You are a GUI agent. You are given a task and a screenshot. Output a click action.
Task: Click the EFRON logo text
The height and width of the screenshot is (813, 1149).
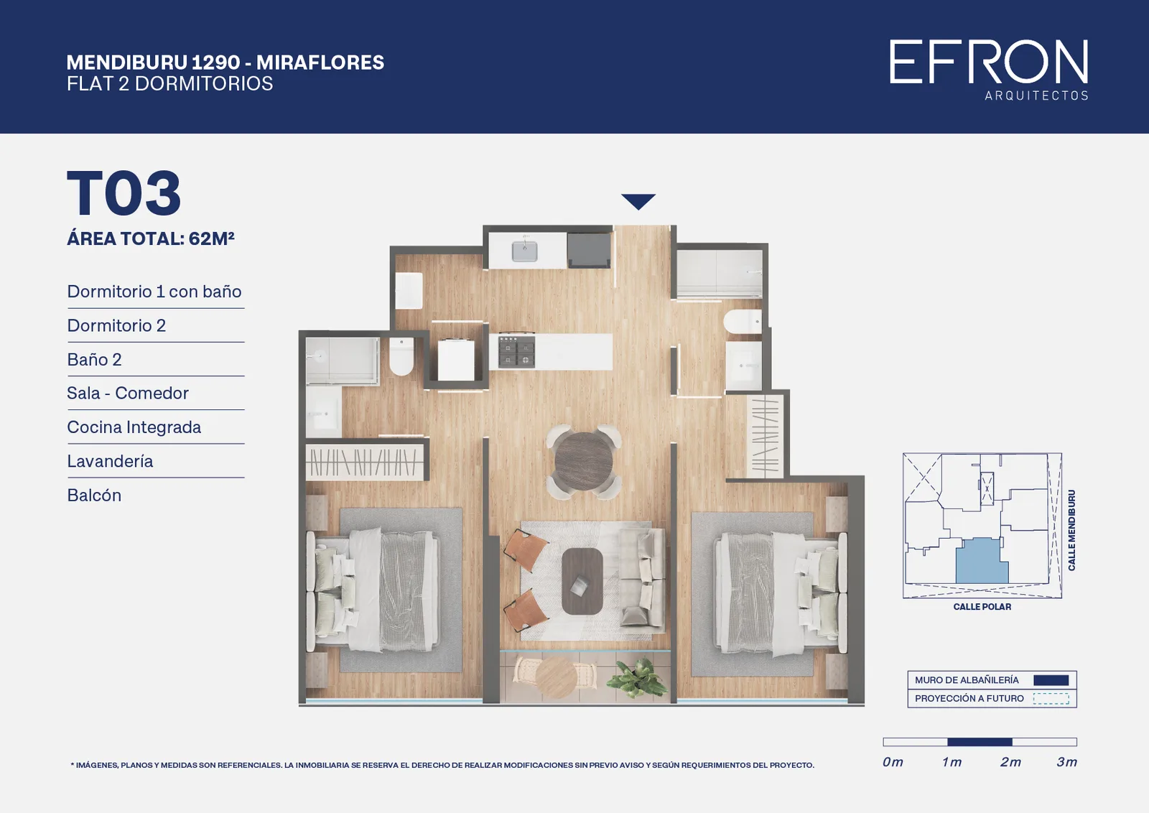988,62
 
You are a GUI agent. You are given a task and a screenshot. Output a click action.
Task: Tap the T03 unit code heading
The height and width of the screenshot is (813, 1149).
124,193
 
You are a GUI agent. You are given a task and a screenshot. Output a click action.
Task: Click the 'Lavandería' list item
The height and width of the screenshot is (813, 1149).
110,461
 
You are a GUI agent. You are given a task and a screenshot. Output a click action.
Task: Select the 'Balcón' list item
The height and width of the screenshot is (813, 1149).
94,495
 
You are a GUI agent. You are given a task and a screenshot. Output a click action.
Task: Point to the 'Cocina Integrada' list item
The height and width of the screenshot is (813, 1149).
134,427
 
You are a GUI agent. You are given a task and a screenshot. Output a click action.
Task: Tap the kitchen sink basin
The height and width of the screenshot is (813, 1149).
525,251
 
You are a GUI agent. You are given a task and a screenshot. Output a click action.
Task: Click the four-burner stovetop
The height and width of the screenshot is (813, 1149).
516,351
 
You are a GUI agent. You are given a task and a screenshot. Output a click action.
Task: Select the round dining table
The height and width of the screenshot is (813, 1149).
584,461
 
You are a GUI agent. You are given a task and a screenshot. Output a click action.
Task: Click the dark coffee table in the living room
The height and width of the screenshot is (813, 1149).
582,581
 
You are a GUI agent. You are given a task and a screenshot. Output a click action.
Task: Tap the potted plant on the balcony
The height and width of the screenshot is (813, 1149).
636,678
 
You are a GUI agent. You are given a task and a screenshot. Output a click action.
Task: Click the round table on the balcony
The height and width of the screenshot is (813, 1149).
556,677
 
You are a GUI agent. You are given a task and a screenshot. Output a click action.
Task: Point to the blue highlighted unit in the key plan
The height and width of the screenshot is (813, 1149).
981,562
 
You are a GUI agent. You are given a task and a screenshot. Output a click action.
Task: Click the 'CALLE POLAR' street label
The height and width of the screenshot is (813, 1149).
982,607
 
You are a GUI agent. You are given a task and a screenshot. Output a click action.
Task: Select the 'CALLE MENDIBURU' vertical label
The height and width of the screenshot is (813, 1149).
1071,530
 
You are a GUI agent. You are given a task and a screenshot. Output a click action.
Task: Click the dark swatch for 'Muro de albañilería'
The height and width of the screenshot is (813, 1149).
1051,680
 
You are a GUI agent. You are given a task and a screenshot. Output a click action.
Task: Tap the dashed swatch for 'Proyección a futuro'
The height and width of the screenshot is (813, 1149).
1051,699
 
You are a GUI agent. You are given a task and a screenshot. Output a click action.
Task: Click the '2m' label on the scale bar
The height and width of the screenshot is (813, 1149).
1010,762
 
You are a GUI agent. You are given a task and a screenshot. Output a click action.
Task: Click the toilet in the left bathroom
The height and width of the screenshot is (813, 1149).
401,356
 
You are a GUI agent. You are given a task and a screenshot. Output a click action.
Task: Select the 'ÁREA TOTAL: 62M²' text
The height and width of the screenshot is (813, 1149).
151,238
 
